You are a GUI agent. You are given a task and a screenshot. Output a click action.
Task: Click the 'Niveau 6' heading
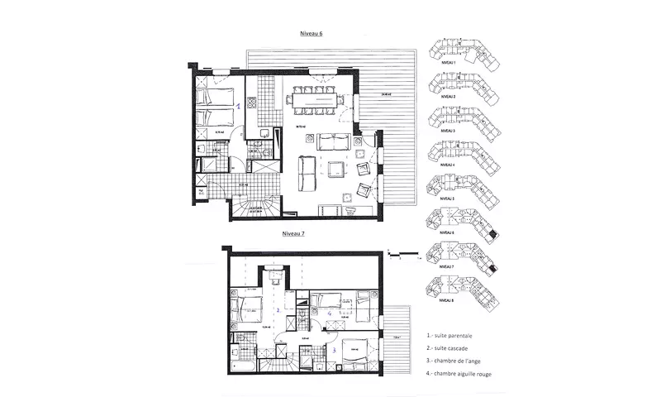[x=311, y=35]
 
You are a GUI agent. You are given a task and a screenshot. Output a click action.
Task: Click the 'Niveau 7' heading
[x=295, y=235]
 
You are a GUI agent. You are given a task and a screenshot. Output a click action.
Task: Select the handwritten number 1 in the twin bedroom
[x=240, y=106]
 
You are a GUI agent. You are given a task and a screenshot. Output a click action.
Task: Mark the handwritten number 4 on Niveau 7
[x=329, y=314]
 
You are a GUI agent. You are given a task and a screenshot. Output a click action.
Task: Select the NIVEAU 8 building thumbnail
[x=459, y=291]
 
